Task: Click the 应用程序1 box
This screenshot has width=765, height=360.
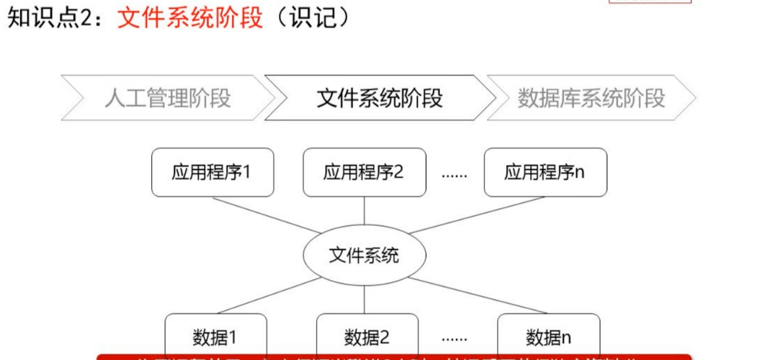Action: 212,172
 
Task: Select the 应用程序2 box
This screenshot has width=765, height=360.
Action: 364,172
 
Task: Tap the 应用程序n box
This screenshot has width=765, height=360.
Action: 545,172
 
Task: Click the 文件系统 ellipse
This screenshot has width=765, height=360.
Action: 364,255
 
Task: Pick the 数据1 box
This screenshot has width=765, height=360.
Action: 215,336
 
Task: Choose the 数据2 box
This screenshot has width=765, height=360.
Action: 367,336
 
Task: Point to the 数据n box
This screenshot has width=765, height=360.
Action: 548,336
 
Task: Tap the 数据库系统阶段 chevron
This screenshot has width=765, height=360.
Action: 591,98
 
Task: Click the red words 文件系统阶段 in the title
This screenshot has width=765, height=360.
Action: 190,19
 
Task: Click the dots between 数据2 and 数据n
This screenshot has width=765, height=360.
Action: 455,337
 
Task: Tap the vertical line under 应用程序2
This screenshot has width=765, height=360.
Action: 364,210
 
